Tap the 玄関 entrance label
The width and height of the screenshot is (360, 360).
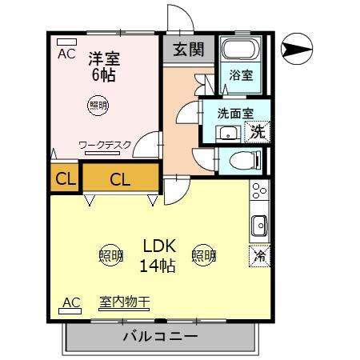(x=189, y=49)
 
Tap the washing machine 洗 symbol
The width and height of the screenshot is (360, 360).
(x=258, y=131)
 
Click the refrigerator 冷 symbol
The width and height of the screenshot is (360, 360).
(x=260, y=256)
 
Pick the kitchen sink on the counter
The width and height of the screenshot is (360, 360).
(x=259, y=226)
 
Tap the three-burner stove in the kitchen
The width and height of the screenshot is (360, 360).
(x=259, y=193)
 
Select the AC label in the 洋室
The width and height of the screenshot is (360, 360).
(x=67, y=54)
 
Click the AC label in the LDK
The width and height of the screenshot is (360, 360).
(x=71, y=302)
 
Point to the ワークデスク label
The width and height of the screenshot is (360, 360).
(x=104, y=146)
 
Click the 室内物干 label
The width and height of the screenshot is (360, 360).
(x=124, y=302)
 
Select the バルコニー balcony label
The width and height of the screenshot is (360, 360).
(x=160, y=336)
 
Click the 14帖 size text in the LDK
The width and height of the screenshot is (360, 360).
(x=158, y=265)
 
